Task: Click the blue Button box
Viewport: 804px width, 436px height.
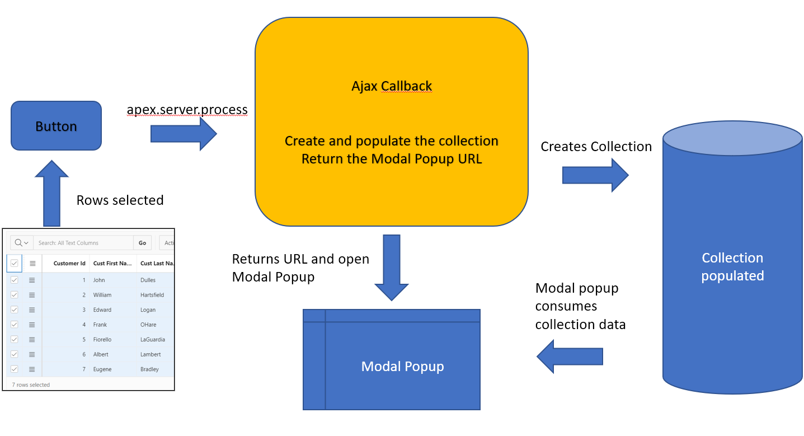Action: tap(56, 126)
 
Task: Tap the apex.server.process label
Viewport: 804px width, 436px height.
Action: tap(187, 109)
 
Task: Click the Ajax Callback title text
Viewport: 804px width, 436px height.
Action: tap(392, 86)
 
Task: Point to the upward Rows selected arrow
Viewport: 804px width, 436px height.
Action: tap(52, 193)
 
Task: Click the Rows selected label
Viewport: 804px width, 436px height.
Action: tap(120, 200)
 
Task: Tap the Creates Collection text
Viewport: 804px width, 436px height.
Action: tap(596, 147)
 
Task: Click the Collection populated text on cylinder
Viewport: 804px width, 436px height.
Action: tap(732, 266)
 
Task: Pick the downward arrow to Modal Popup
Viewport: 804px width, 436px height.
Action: tap(392, 268)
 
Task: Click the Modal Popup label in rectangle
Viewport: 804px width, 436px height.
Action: tap(402, 367)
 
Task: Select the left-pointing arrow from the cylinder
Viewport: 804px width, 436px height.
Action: tap(570, 357)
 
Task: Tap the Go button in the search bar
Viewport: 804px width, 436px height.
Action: tap(142, 243)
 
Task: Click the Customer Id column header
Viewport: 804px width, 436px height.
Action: tap(69, 263)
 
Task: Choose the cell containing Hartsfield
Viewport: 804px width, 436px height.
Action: tap(152, 295)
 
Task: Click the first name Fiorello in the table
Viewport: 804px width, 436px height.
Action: tap(102, 339)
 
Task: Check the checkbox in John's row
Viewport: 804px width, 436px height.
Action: tap(15, 280)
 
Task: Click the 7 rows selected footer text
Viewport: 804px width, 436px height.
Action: tap(31, 385)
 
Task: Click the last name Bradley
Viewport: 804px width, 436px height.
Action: tap(149, 369)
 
